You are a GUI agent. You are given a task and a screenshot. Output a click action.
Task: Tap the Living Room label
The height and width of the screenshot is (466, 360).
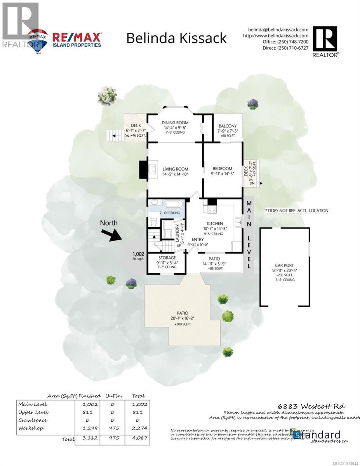[x=175, y=169]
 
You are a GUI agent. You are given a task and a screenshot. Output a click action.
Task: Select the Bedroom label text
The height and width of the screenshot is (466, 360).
[x=223, y=169]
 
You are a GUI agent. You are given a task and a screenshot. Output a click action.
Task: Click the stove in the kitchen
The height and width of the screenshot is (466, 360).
[x=212, y=210]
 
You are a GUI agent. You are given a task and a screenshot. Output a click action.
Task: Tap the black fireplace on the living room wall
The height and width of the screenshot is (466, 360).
[x=142, y=169]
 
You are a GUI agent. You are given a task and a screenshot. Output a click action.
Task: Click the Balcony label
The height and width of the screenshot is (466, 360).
[x=228, y=126]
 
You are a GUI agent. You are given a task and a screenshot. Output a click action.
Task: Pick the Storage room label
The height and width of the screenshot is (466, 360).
[x=167, y=257]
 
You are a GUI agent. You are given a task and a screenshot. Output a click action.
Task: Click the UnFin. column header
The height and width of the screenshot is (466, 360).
[x=114, y=396]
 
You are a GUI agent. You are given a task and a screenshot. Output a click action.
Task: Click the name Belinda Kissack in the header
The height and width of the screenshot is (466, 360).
[x=177, y=38]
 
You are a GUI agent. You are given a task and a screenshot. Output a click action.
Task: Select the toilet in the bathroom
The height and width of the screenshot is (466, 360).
[x=153, y=223]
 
